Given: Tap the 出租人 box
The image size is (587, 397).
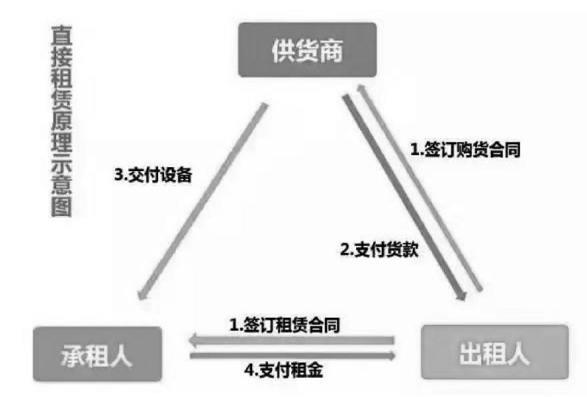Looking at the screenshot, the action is pos(494,355).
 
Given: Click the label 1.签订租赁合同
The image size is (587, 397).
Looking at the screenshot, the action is pos(285,324).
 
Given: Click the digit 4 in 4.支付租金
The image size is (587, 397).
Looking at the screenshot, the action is pos(248,371).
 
